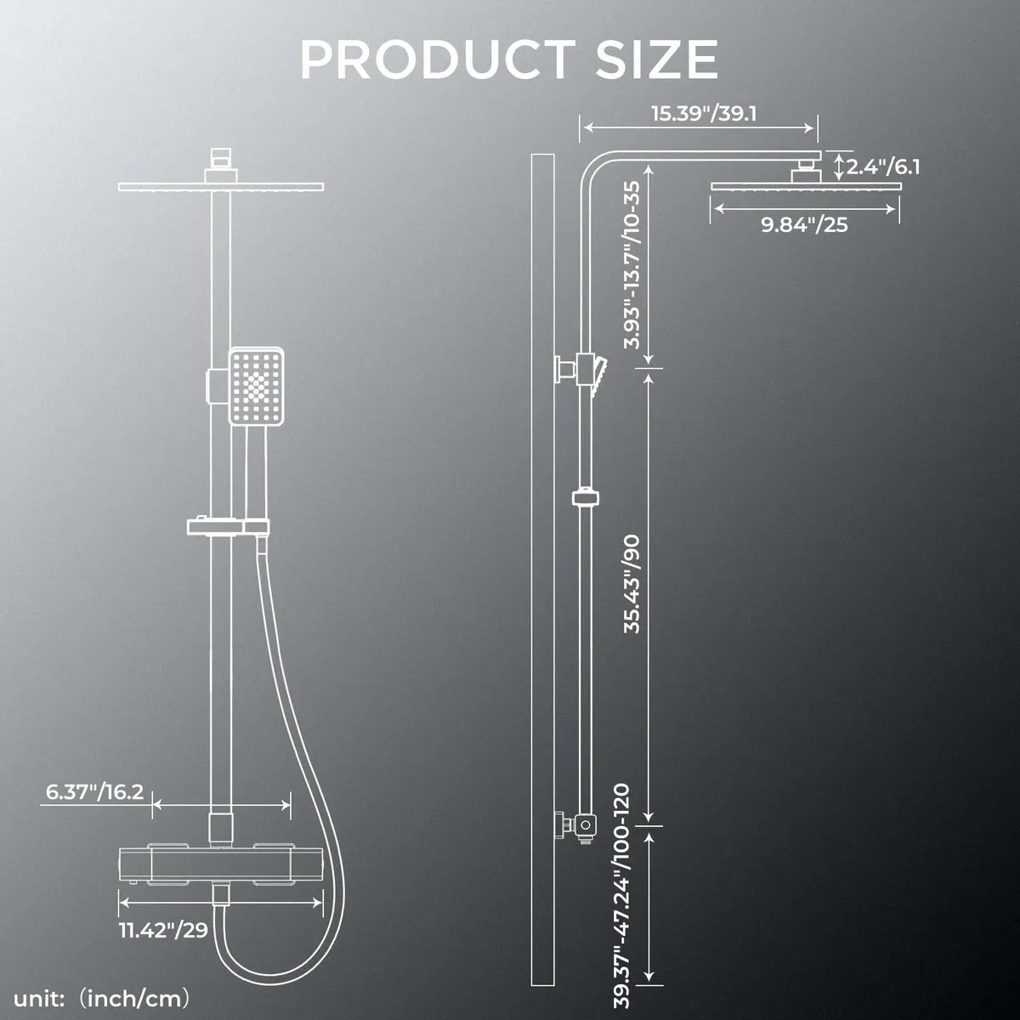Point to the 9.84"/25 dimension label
[x=805, y=224]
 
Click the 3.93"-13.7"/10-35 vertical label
[x=633, y=265]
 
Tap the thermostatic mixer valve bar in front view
[x=221, y=866]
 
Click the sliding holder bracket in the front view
[x=226, y=525]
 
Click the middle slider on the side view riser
[x=585, y=497]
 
